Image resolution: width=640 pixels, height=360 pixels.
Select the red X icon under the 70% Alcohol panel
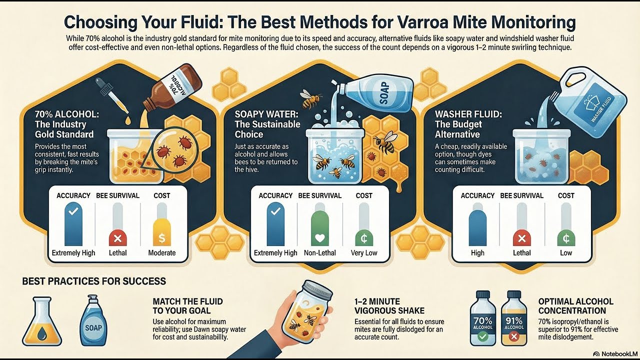click(117, 238)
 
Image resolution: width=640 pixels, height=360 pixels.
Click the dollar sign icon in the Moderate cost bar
click(162, 238)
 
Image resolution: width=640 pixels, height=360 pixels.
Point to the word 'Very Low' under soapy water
click(364, 253)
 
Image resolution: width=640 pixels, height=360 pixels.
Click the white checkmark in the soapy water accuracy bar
click(275, 212)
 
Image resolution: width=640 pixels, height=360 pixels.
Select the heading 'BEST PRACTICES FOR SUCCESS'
click(94, 281)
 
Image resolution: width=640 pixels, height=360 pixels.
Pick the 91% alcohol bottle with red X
click(514, 320)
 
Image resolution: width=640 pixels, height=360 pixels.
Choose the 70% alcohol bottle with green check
click(483, 320)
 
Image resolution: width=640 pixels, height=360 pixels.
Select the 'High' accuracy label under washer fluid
click(477, 253)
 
